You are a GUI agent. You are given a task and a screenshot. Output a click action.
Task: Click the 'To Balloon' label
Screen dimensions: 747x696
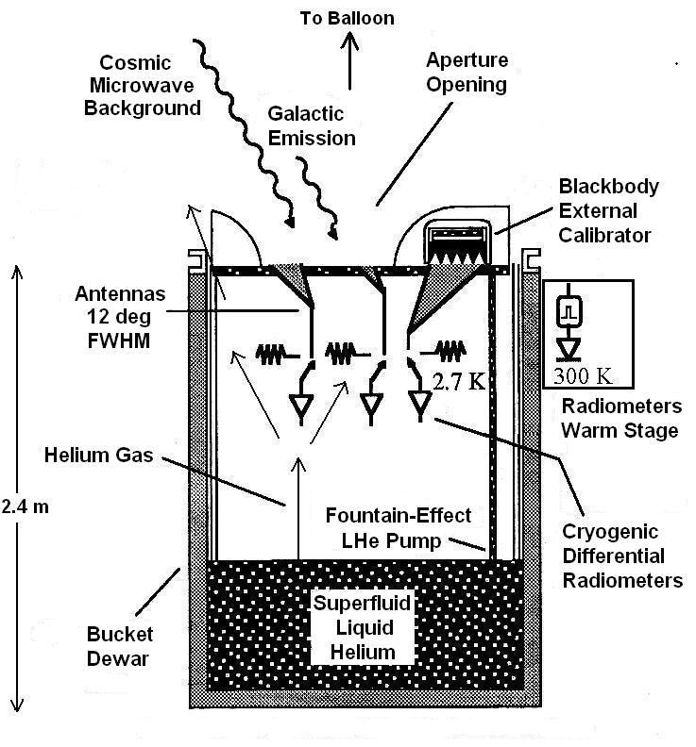347,18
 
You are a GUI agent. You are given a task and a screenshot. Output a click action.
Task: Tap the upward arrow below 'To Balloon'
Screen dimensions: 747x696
352,67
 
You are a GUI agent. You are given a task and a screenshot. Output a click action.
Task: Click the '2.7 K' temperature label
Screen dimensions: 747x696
459,382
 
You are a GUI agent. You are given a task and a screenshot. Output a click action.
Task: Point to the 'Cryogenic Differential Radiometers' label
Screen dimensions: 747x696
622,556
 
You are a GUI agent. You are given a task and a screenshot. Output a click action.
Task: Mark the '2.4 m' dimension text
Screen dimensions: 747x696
25,506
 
